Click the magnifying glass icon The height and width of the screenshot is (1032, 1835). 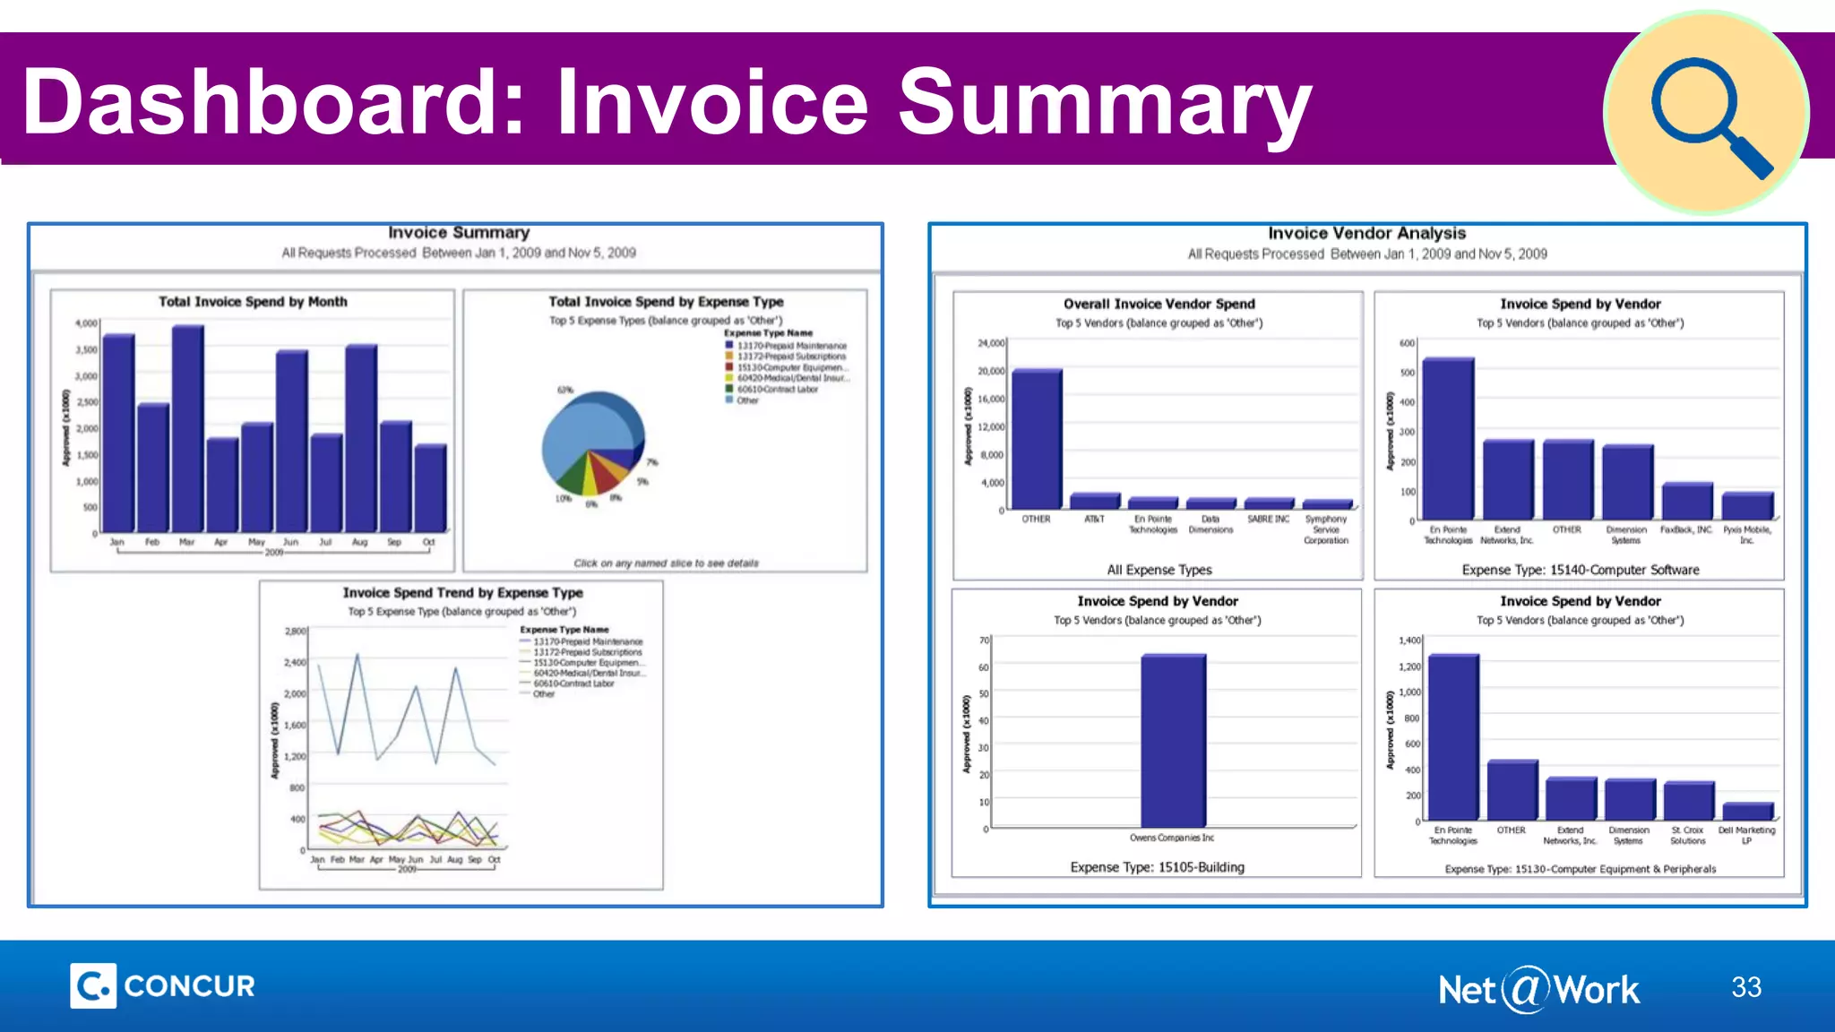point(1707,114)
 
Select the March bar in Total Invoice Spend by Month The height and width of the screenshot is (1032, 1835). point(187,430)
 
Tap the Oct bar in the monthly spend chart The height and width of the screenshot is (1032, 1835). point(430,488)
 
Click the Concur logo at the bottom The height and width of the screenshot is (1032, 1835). point(163,986)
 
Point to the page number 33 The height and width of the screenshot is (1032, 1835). point(1745,987)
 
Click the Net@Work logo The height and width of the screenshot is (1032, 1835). point(1538,990)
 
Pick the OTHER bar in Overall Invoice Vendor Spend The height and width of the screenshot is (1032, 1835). point(1037,439)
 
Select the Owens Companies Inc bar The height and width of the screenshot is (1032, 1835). point(1173,740)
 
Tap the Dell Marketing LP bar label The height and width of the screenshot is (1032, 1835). point(1745,835)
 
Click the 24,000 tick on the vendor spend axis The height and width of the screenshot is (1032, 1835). point(991,343)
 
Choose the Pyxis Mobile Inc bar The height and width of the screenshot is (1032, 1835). point(1746,506)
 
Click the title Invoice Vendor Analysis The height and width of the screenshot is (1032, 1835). point(1366,234)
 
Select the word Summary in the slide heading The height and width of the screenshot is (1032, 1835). point(1104,103)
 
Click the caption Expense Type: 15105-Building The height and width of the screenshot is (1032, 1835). point(1157,867)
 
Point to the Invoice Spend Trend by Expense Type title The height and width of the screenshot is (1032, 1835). point(462,593)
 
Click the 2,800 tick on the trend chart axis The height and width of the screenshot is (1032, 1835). point(295,632)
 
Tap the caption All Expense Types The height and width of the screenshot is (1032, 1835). point(1159,570)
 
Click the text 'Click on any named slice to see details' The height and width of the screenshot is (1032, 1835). point(666,563)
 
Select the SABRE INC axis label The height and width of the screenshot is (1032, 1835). point(1268,520)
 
